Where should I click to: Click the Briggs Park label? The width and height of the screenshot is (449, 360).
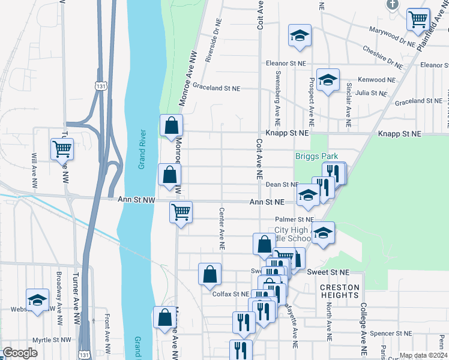tap(317, 156)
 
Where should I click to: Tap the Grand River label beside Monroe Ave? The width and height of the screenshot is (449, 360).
tap(142, 149)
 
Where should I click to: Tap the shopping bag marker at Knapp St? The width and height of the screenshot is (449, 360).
tap(171, 125)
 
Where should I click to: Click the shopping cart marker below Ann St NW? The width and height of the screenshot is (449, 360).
tap(181, 211)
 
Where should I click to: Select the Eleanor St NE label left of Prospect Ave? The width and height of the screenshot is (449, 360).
tap(286, 62)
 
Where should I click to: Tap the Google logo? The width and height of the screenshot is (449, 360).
tap(20, 353)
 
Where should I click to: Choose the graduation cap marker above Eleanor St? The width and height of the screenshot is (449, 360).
tap(298, 35)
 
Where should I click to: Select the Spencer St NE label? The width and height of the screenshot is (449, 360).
tap(391, 333)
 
